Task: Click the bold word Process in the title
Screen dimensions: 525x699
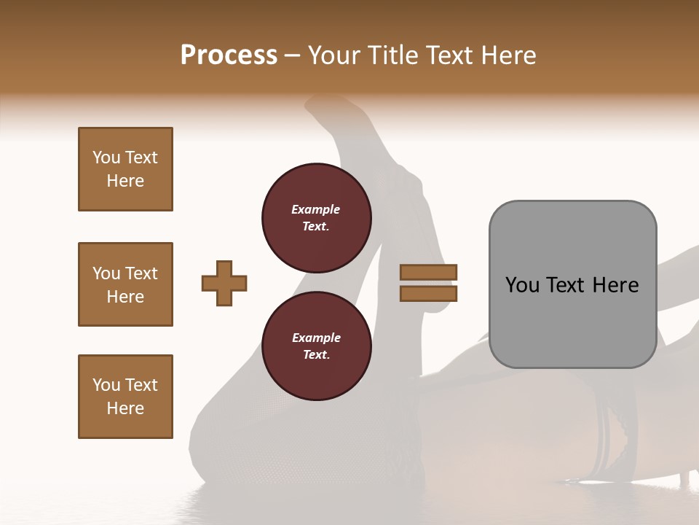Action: click(x=229, y=55)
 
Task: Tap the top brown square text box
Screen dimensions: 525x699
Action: click(x=125, y=169)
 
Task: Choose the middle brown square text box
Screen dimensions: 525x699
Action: click(x=125, y=284)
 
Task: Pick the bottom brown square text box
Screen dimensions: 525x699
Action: click(x=125, y=397)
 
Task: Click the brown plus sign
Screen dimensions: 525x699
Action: click(x=224, y=283)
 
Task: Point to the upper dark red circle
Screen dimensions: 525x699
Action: click(x=317, y=217)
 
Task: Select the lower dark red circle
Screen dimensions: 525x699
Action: click(x=317, y=346)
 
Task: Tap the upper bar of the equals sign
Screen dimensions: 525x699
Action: click(x=428, y=272)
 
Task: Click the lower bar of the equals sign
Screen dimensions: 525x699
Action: click(x=428, y=293)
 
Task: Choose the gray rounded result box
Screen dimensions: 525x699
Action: click(x=572, y=284)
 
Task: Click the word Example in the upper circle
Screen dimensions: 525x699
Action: click(x=316, y=209)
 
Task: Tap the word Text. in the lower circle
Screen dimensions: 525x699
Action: click(x=316, y=355)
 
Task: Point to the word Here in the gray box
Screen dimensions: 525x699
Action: click(x=615, y=285)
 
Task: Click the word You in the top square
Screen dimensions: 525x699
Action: click(x=106, y=157)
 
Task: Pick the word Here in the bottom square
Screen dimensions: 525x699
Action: click(x=125, y=408)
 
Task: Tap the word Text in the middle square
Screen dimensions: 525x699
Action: click(x=141, y=273)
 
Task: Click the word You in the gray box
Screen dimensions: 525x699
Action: click(x=523, y=285)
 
